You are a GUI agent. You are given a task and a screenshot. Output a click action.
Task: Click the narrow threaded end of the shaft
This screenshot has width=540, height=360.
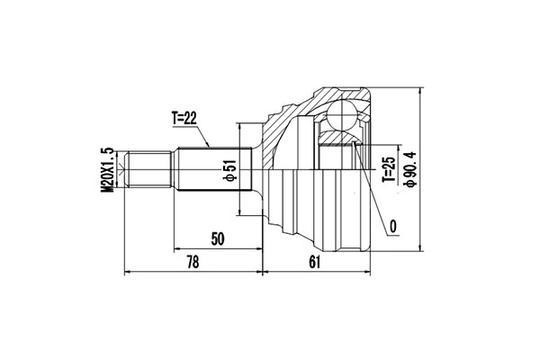(148, 171)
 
